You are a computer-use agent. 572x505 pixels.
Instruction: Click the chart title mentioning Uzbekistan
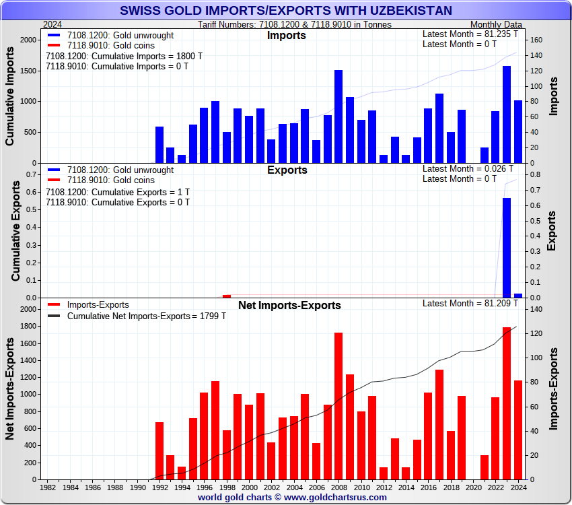(x=286, y=10)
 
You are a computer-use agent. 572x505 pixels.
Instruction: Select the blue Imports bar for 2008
(x=338, y=116)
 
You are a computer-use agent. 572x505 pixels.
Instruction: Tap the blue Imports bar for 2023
(x=507, y=114)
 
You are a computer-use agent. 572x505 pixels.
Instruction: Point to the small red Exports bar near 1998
(x=227, y=296)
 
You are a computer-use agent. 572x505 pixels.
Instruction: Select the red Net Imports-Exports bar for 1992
(x=159, y=450)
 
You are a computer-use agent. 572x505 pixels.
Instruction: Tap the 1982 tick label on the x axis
(x=48, y=487)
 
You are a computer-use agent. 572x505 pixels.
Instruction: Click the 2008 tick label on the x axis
(x=338, y=487)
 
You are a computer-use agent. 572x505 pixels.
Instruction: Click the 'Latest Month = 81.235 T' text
(x=470, y=34)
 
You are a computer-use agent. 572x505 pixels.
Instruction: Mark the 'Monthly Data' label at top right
(x=497, y=24)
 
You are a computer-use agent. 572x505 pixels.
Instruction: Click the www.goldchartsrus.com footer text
(x=292, y=498)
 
